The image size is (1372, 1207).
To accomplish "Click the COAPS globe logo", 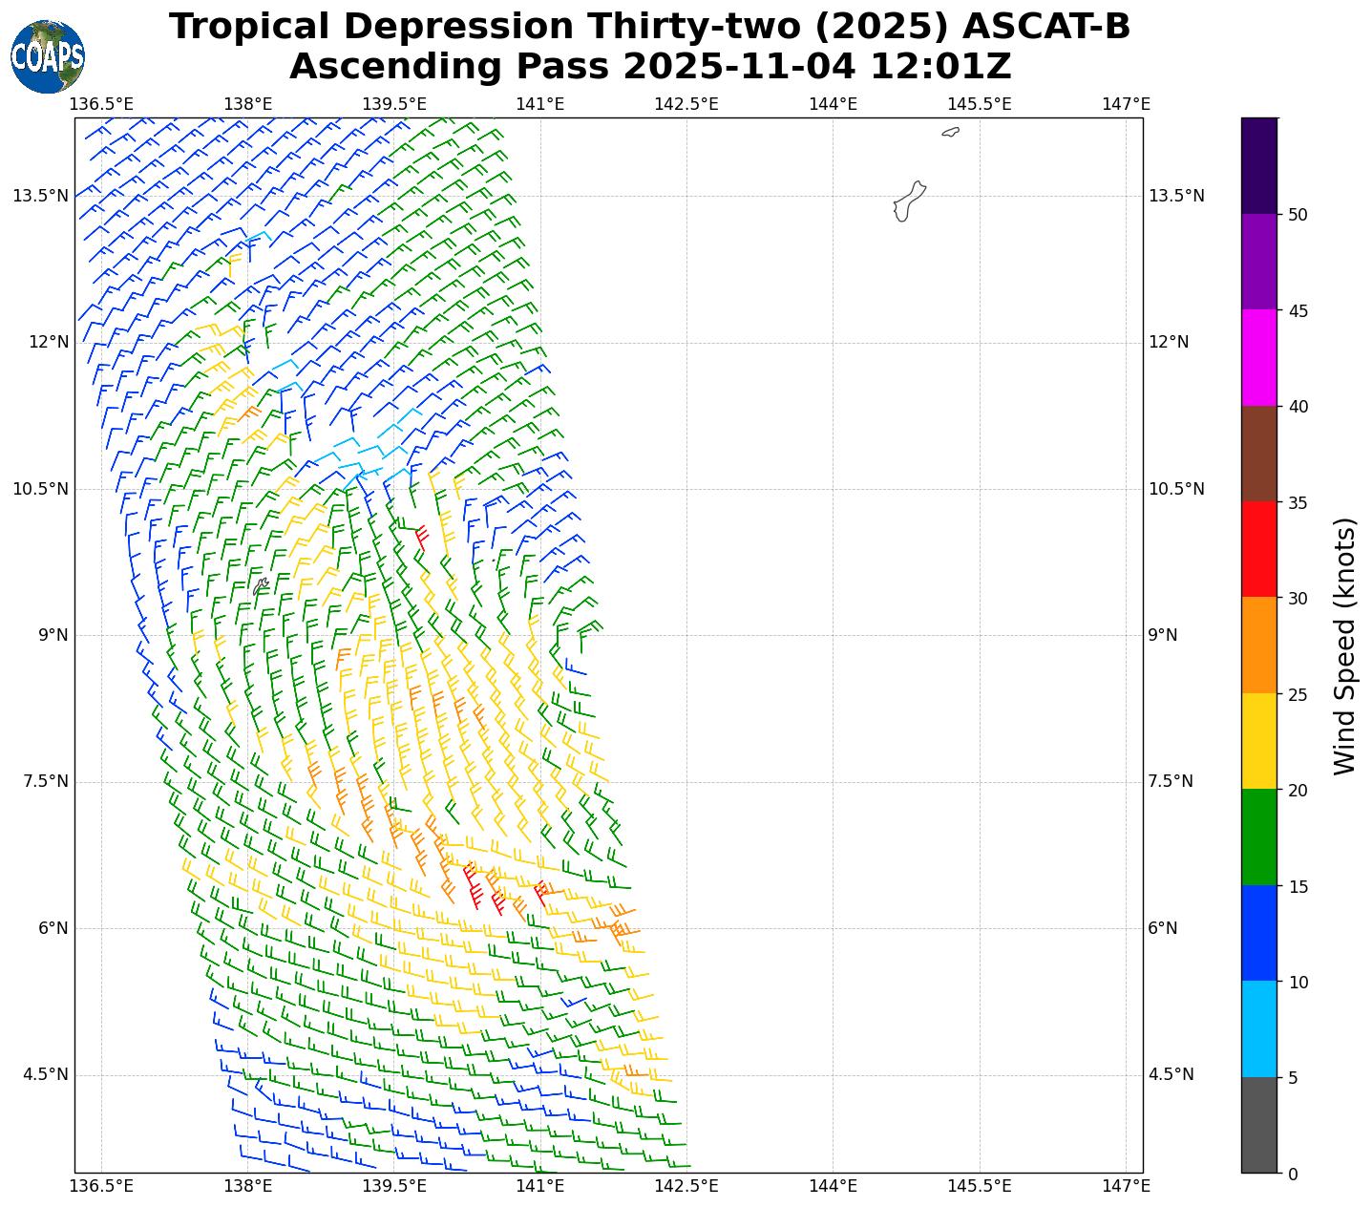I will [x=47, y=56].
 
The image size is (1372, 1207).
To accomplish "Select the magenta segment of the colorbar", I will [x=1258, y=357].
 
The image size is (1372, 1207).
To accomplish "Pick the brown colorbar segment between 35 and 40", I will [x=1258, y=454].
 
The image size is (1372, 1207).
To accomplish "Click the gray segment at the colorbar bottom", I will [x=1258, y=1125].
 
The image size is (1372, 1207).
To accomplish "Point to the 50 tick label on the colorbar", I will [x=1298, y=215].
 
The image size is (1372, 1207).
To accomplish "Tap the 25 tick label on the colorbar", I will [x=1298, y=694].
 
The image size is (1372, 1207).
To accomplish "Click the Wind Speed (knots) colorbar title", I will [x=1343, y=646].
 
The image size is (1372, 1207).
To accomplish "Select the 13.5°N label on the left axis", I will [x=40, y=196].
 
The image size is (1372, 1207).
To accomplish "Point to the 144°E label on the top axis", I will [x=833, y=103].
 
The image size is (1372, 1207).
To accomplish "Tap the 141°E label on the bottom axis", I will [x=540, y=1186].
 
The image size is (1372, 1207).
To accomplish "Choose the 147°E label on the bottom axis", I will [x=1126, y=1186].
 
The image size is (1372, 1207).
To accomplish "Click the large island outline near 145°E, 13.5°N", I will [x=908, y=201].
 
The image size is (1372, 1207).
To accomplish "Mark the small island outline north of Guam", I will [x=950, y=132].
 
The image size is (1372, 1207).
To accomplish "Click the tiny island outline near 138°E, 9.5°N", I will [x=261, y=584].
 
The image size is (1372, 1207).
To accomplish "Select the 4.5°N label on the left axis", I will [x=45, y=1074].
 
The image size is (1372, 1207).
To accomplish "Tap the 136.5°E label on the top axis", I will [x=102, y=103].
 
